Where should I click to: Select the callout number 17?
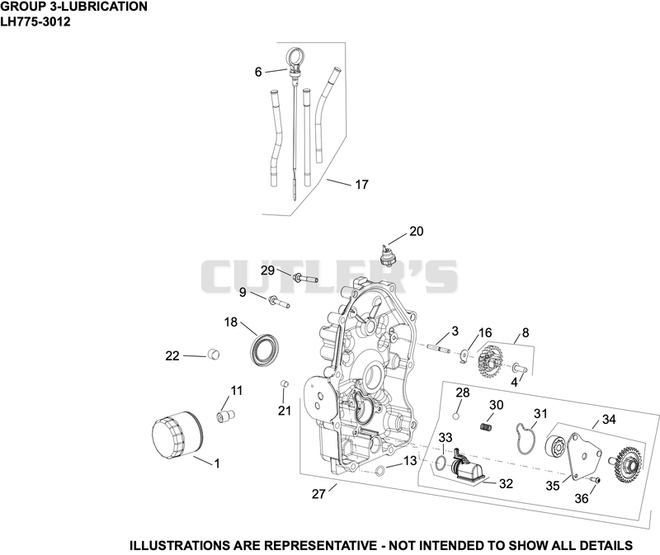pyautogui.click(x=362, y=184)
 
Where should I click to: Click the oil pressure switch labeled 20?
pyautogui.click(x=385, y=256)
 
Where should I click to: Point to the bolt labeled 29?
pyautogui.click(x=305, y=278)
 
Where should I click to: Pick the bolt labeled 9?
pyautogui.click(x=278, y=302)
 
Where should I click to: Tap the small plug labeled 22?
pyautogui.click(x=214, y=355)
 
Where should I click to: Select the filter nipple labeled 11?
pyautogui.click(x=225, y=416)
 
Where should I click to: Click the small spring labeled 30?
pyautogui.click(x=486, y=426)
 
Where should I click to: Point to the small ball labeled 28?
pyautogui.click(x=455, y=416)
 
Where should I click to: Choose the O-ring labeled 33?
pyautogui.click(x=441, y=463)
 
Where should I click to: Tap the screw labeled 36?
pyautogui.click(x=596, y=480)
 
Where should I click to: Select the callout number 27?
pyautogui.click(x=318, y=494)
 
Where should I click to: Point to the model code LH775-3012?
pyautogui.click(x=35, y=21)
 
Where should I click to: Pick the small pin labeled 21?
pyautogui.click(x=284, y=383)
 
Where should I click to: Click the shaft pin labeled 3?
pyautogui.click(x=439, y=348)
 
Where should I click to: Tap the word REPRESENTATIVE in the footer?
pyautogui.click(x=320, y=545)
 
